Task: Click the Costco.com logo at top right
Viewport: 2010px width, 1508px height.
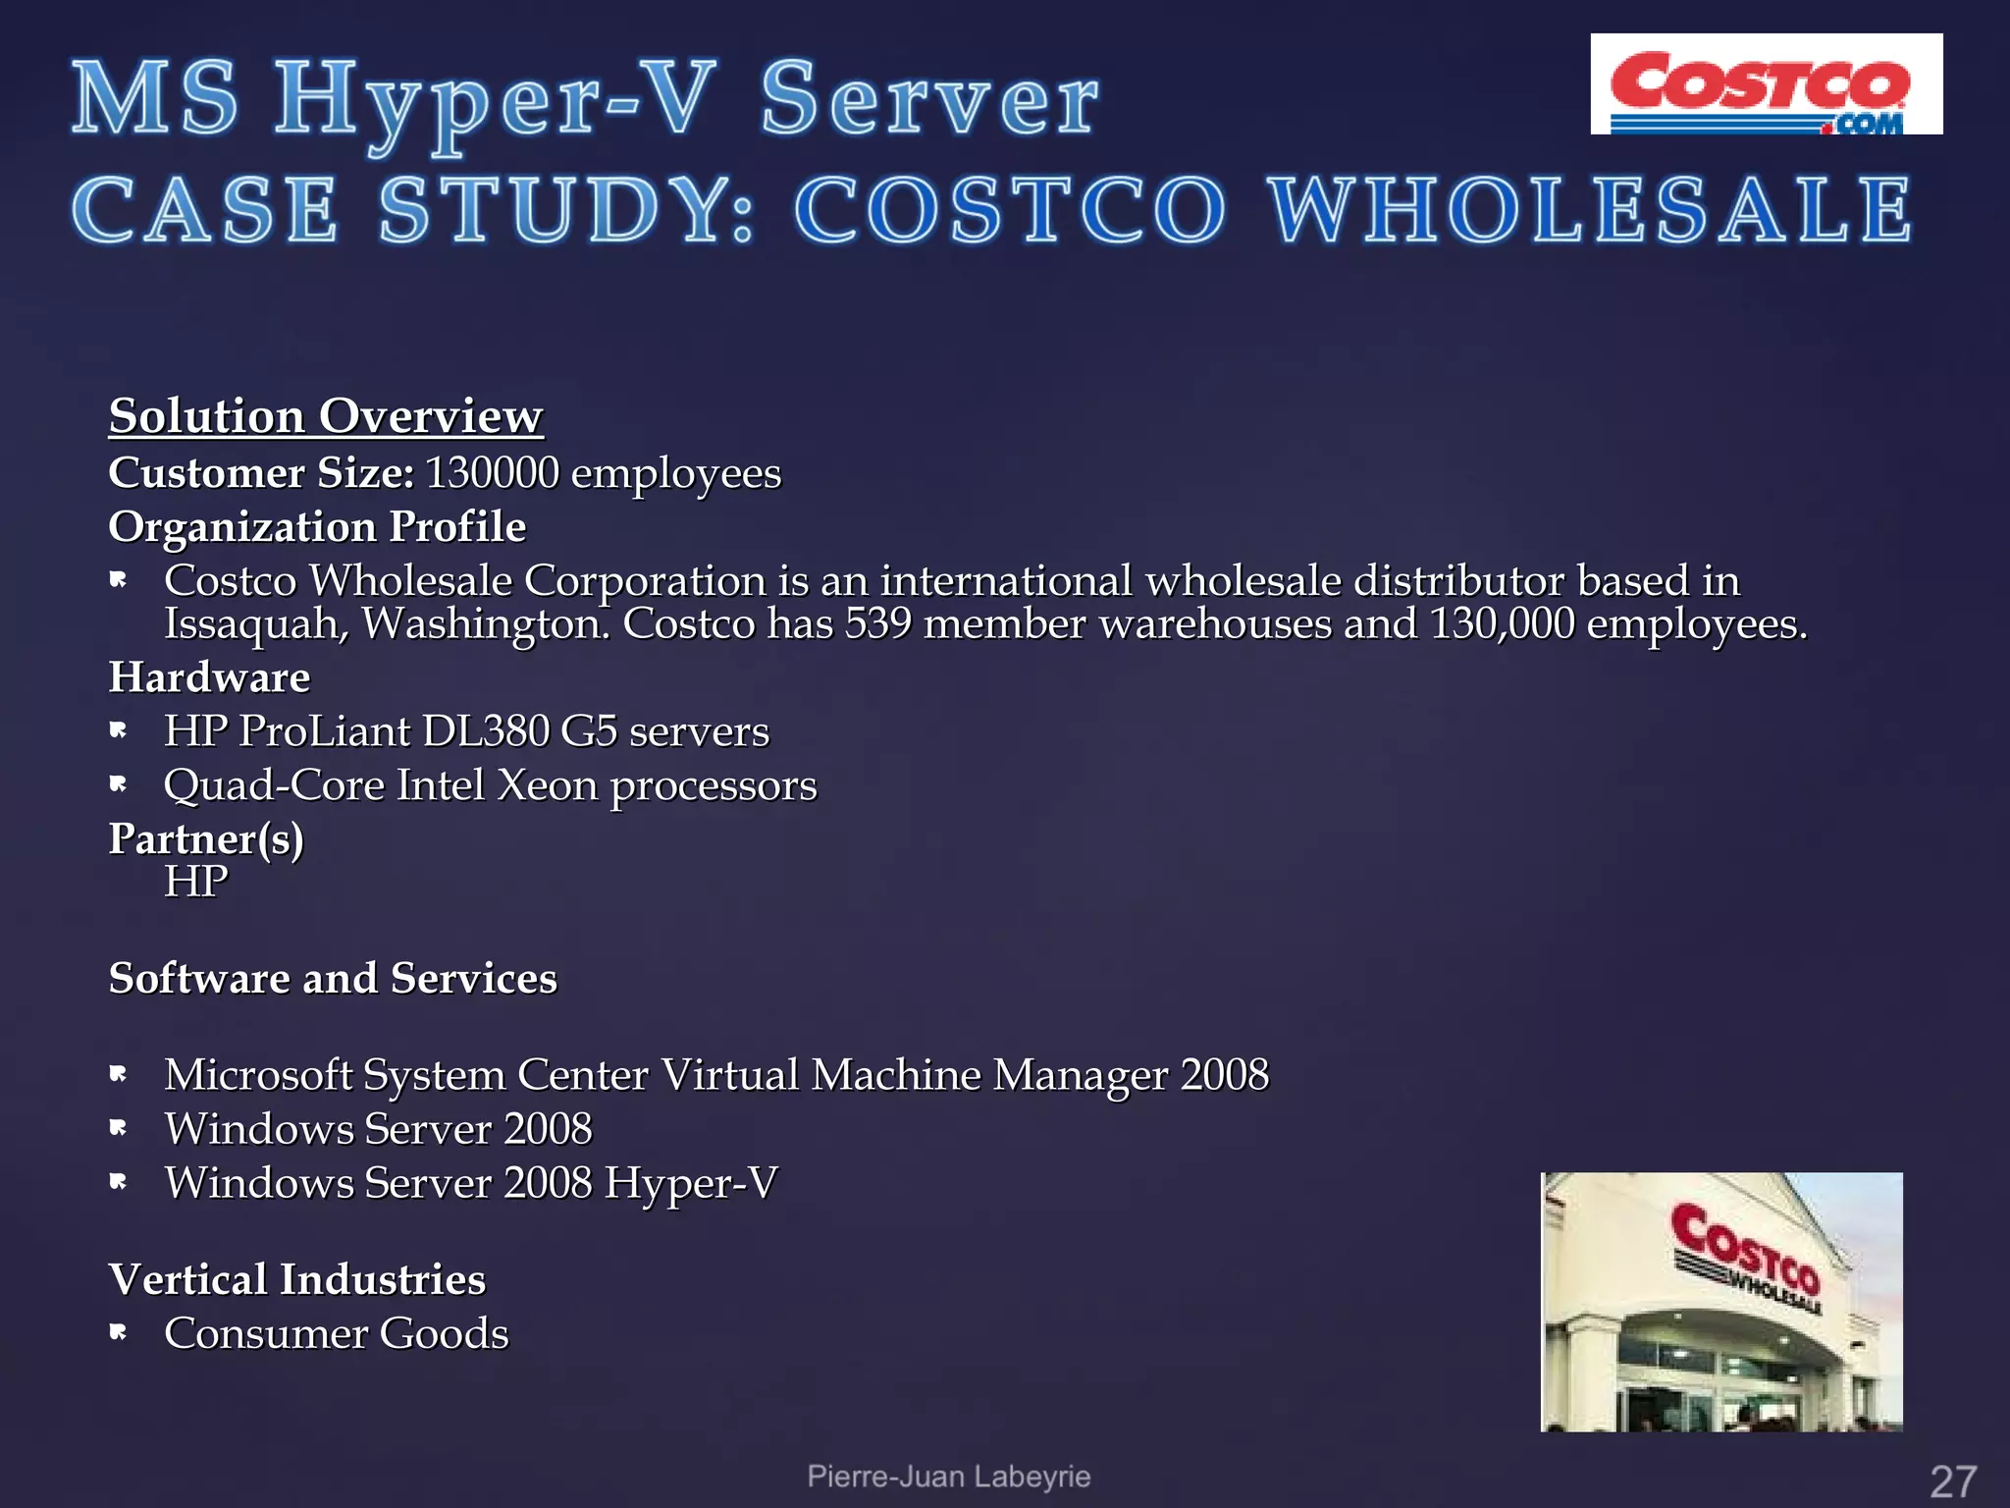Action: click(1766, 84)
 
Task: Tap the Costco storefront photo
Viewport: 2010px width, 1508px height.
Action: click(1721, 1301)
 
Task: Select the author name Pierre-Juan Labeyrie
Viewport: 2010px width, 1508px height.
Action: click(948, 1477)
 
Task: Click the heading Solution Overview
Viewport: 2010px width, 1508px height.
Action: click(325, 416)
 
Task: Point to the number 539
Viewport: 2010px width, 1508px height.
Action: click(878, 624)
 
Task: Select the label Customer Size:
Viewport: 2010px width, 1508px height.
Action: click(261, 473)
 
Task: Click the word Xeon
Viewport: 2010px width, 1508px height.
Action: click(547, 785)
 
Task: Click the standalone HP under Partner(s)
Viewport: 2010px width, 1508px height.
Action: click(195, 882)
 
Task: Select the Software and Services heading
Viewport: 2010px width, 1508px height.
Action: click(333, 979)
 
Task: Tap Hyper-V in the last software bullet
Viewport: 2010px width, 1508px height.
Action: click(691, 1183)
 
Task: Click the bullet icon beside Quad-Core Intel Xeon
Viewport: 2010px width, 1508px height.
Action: click(119, 784)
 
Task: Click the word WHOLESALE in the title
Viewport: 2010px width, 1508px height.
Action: click(1590, 211)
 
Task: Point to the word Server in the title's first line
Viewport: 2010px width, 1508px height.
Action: click(929, 100)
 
